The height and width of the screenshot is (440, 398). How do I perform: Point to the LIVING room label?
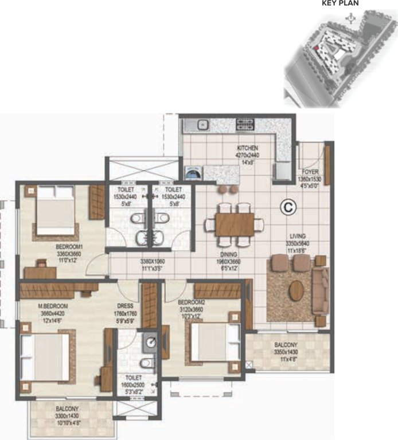(297, 235)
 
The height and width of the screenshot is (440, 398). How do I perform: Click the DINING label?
(232, 256)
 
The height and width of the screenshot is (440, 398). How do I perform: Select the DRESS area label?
(126, 306)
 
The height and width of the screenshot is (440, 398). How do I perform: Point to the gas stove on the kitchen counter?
(244, 124)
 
